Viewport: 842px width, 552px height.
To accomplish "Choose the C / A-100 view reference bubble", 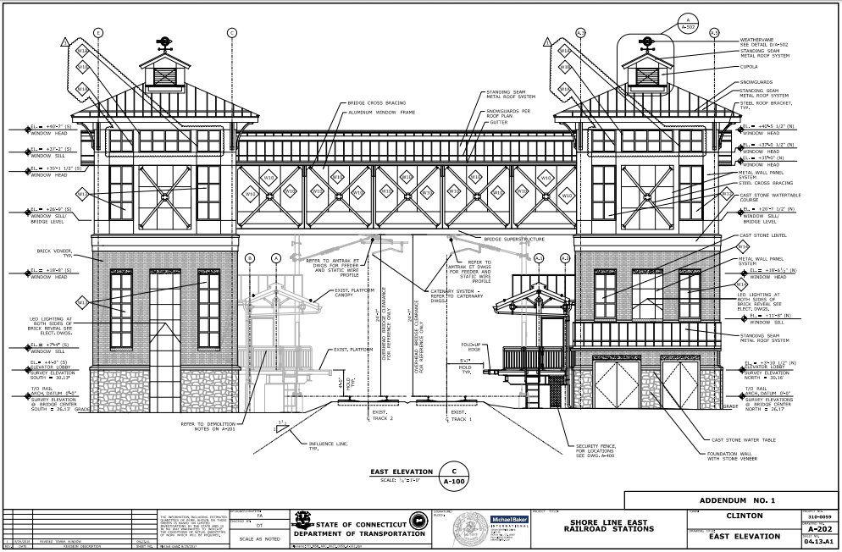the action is click(x=453, y=476).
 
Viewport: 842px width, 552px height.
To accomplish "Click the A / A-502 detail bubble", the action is click(x=688, y=23).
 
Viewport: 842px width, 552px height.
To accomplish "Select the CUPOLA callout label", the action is click(x=751, y=66).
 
